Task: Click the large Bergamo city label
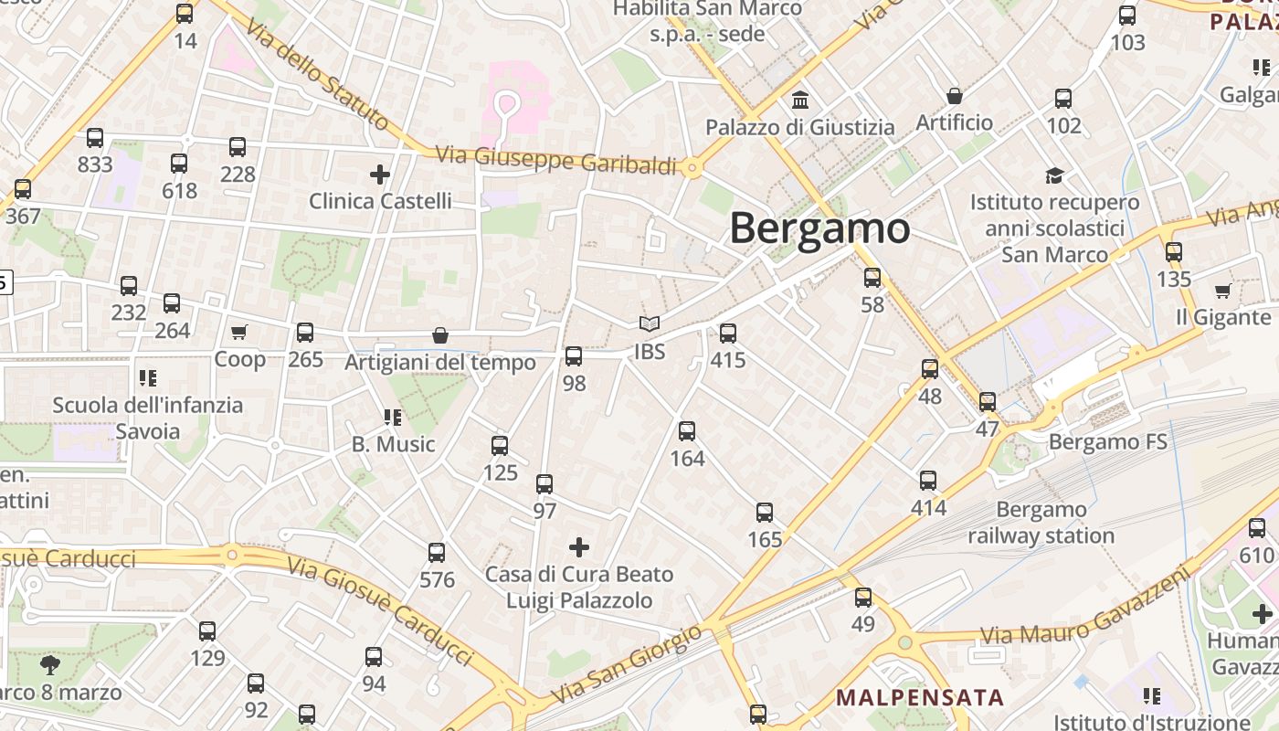819,228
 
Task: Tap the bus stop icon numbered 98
574,356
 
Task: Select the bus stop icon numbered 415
728,334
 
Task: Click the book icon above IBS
649,324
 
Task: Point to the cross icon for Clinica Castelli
380,174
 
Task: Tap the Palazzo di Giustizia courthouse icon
800,99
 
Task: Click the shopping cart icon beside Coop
239,333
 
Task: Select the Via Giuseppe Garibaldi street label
556,160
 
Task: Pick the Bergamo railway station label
1041,523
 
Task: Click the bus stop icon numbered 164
687,431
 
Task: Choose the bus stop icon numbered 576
437,553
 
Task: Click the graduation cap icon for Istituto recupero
1055,175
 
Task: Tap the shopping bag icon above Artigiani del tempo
440,336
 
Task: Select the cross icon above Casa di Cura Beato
579,547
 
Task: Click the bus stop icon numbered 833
95,139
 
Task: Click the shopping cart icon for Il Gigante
1222,291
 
